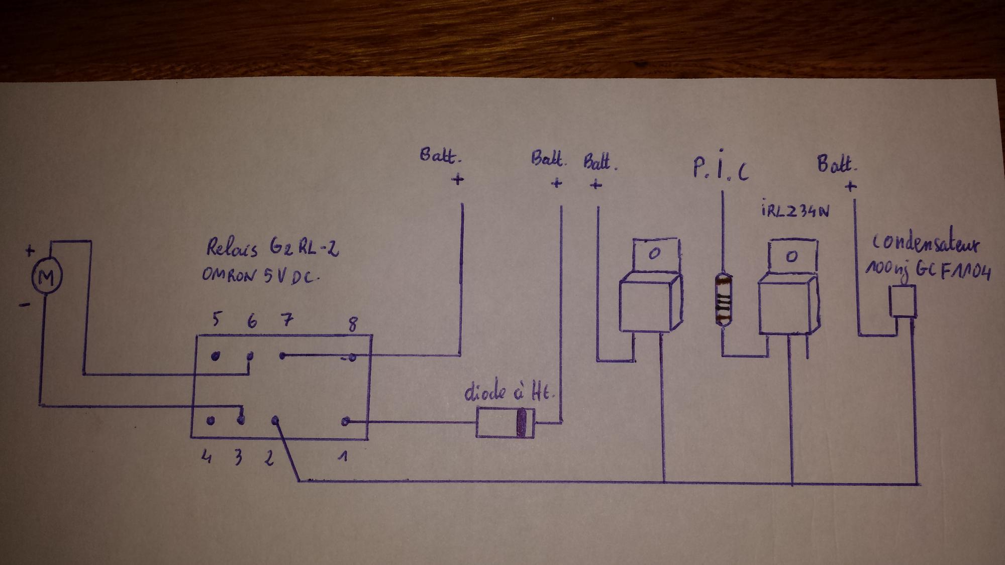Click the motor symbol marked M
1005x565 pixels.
coord(46,277)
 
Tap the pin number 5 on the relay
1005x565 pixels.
coord(217,319)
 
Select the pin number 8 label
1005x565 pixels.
coord(353,324)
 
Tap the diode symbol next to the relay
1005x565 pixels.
coord(505,422)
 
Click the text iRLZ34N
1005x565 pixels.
coord(794,211)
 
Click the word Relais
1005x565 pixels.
coord(232,248)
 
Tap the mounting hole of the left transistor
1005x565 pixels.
coord(654,254)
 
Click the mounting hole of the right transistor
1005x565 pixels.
coord(791,257)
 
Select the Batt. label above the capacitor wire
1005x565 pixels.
coord(836,164)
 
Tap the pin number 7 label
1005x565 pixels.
coord(286,320)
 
